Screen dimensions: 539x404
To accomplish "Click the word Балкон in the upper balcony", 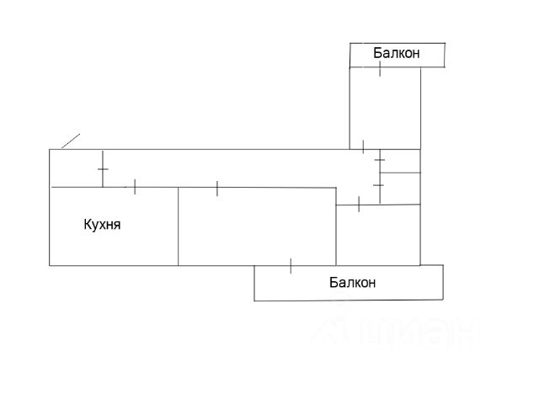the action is (x=397, y=54).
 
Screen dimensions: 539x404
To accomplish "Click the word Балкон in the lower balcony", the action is (x=352, y=283).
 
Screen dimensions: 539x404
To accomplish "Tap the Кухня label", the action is (x=103, y=225).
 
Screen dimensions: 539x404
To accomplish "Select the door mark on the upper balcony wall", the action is (x=381, y=68).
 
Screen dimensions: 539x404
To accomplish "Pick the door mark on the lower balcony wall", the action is (x=291, y=265).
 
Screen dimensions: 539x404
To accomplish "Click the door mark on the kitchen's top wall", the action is (x=135, y=187).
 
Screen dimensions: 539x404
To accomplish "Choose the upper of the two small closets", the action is (x=400, y=161).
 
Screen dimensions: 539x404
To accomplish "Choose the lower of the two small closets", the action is (x=400, y=187).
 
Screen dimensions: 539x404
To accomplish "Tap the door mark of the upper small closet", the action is (x=380, y=159).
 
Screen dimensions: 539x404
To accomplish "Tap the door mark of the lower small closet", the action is (x=379, y=184).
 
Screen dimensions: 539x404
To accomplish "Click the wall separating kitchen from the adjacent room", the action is (x=179, y=226).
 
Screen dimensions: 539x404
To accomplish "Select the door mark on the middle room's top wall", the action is (x=217, y=188).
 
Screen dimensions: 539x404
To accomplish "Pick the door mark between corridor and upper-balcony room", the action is (x=363, y=146).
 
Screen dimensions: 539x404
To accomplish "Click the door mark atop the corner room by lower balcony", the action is (x=359, y=204).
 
